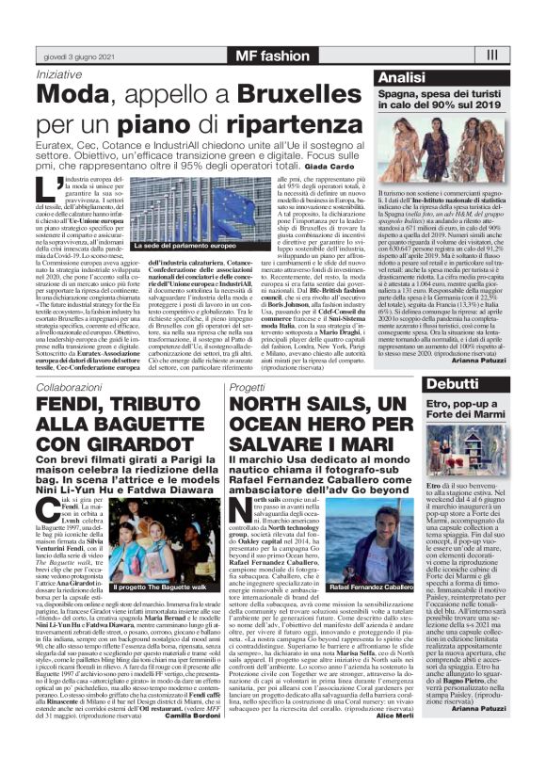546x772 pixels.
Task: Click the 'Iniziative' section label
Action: [58, 73]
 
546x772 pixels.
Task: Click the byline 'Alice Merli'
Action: [393, 741]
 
